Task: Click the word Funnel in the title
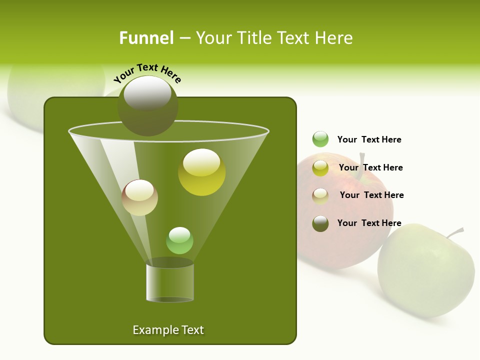[146, 38]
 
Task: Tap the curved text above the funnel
[147, 72]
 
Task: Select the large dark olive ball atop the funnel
[147, 106]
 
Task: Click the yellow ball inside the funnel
[201, 172]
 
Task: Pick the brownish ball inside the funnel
[139, 197]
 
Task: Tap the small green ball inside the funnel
[179, 240]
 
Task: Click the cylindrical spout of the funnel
[169, 282]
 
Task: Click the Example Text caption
[168, 330]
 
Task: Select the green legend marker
[320, 139]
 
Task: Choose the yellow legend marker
[320, 167]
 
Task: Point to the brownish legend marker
[320, 195]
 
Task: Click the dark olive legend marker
[320, 223]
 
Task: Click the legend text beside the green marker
[369, 139]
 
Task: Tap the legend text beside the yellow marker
[370, 167]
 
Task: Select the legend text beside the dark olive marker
[369, 223]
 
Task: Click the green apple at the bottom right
[425, 272]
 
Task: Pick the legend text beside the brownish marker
[371, 195]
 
